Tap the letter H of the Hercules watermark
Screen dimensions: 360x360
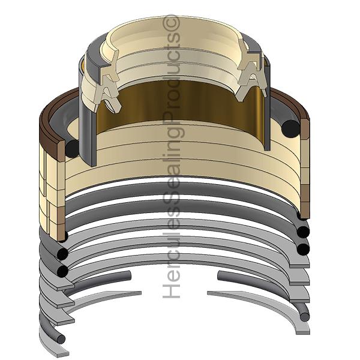(171, 290)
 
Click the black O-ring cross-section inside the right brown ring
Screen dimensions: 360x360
(291, 129)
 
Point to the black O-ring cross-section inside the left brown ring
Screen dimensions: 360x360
(73, 149)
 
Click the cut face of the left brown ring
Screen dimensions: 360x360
(61, 151)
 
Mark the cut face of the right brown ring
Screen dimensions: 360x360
(305, 129)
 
